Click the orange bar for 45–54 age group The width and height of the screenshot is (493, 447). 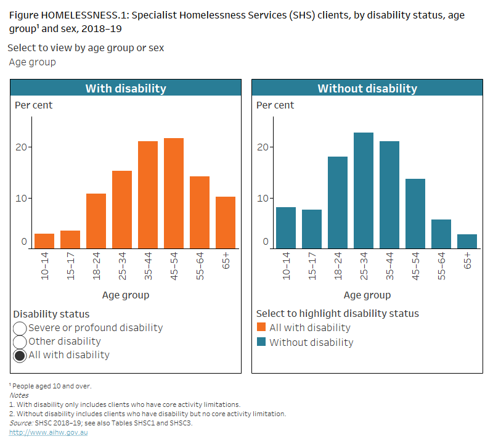tap(173, 193)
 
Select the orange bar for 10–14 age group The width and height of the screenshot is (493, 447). tap(44, 241)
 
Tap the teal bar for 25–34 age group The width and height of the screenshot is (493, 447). tap(363, 191)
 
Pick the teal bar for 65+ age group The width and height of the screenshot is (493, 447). tap(467, 241)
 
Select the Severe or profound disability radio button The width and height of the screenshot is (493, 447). tap(20, 328)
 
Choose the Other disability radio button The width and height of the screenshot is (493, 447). tap(20, 342)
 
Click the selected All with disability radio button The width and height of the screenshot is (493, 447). tap(20, 355)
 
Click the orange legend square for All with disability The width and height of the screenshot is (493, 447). tap(261, 328)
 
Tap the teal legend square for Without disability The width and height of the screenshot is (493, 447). tap(261, 342)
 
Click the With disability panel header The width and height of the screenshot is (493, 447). tap(126, 88)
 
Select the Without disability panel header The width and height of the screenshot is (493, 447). tap(367, 88)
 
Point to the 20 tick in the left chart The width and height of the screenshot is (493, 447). tap(22, 147)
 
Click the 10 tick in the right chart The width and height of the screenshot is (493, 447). tap(264, 198)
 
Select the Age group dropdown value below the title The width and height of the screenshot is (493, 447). tap(33, 62)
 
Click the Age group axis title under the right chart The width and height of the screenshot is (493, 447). tap(367, 295)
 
